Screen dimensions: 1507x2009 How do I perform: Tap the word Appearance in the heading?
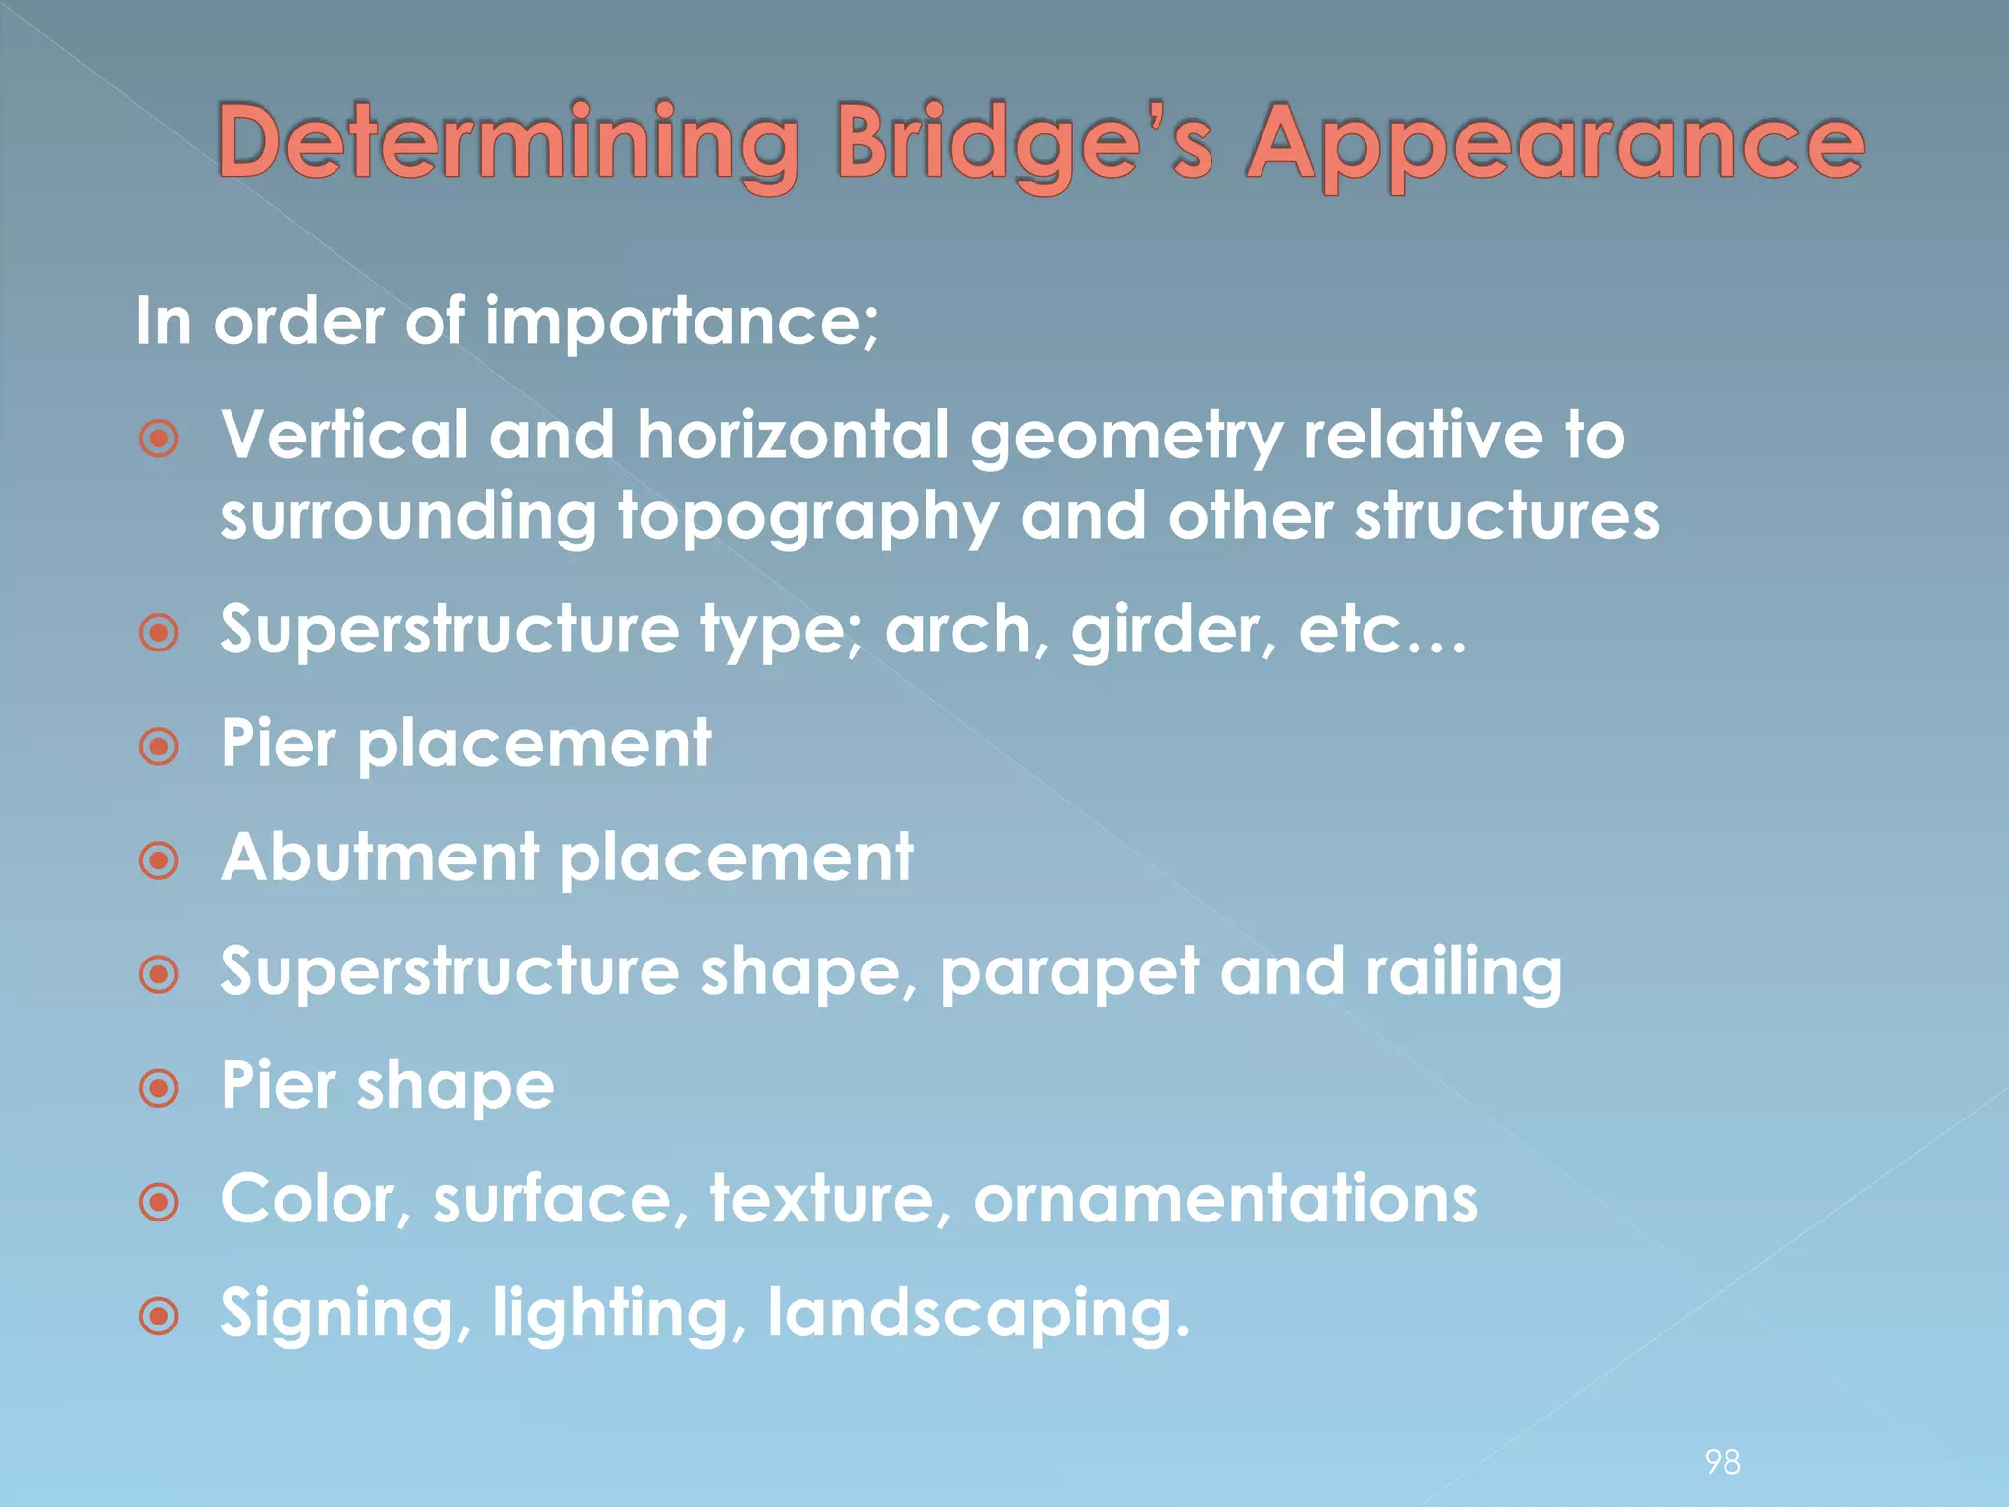(x=1554, y=144)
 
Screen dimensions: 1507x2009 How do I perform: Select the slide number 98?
(x=1723, y=1462)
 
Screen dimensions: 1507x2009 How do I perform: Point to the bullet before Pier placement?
(x=159, y=748)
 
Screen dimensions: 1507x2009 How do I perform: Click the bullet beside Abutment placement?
(x=159, y=861)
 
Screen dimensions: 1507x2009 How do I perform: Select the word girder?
(x=1173, y=630)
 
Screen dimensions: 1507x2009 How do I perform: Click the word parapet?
(x=1069, y=973)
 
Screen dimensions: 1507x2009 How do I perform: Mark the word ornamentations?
(x=1225, y=1200)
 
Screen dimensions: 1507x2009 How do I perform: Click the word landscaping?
(x=978, y=1315)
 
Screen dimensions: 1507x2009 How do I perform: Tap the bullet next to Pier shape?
(x=159, y=1089)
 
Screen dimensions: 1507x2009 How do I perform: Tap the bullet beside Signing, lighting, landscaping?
(x=159, y=1317)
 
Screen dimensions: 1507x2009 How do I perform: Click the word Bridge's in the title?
(x=1024, y=144)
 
